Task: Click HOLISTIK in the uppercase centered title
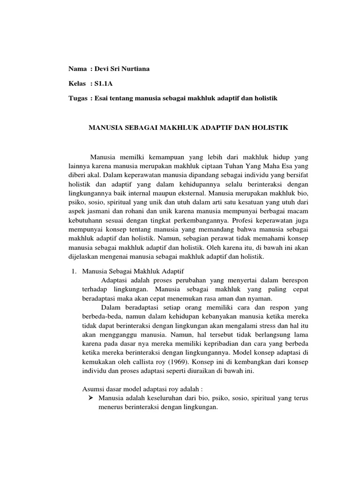271,127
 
